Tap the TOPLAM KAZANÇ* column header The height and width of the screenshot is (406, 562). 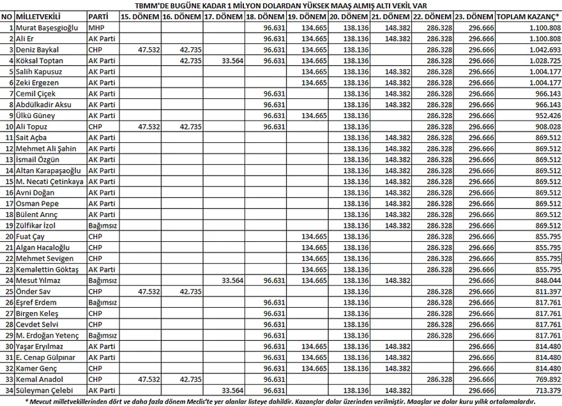528,17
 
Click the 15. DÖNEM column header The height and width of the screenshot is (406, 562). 140,17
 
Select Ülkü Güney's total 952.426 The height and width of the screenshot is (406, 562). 546,116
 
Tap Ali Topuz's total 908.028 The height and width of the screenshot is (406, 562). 546,126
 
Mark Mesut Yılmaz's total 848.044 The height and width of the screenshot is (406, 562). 546,280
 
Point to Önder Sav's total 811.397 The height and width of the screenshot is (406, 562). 546,291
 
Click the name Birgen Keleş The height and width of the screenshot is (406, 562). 37,313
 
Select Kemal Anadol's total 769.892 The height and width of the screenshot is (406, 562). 546,379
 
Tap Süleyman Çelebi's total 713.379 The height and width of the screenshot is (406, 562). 546,390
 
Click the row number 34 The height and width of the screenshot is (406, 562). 9,390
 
